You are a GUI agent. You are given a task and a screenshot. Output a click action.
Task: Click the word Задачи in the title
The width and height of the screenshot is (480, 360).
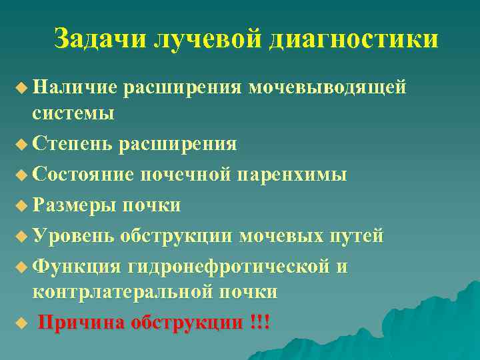pyautogui.click(x=99, y=39)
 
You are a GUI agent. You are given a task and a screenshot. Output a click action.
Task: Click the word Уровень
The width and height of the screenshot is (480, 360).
pyautogui.click(x=75, y=236)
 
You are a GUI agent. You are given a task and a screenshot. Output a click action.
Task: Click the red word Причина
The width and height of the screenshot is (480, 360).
pyautogui.click(x=81, y=323)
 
